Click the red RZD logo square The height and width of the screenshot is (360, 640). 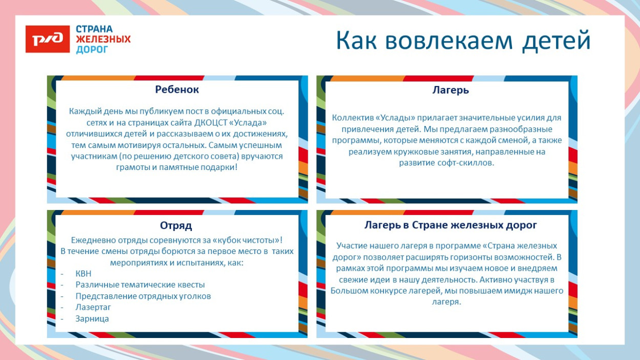point(48,39)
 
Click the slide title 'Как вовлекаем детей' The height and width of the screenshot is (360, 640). point(463,41)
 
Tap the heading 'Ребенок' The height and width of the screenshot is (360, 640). point(177,90)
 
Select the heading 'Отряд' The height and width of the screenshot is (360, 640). point(176,225)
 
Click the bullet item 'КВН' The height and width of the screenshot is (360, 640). point(83,273)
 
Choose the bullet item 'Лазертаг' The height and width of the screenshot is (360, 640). point(93,307)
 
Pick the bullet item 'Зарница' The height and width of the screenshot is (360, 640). point(92,319)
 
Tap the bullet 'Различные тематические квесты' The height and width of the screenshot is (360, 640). point(140,285)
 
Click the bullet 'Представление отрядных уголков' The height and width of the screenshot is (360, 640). point(143,296)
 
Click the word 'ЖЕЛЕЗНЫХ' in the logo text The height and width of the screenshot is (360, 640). point(103,39)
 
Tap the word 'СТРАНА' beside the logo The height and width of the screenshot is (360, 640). point(94,29)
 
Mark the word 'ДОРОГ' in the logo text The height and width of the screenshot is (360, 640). point(92,50)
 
